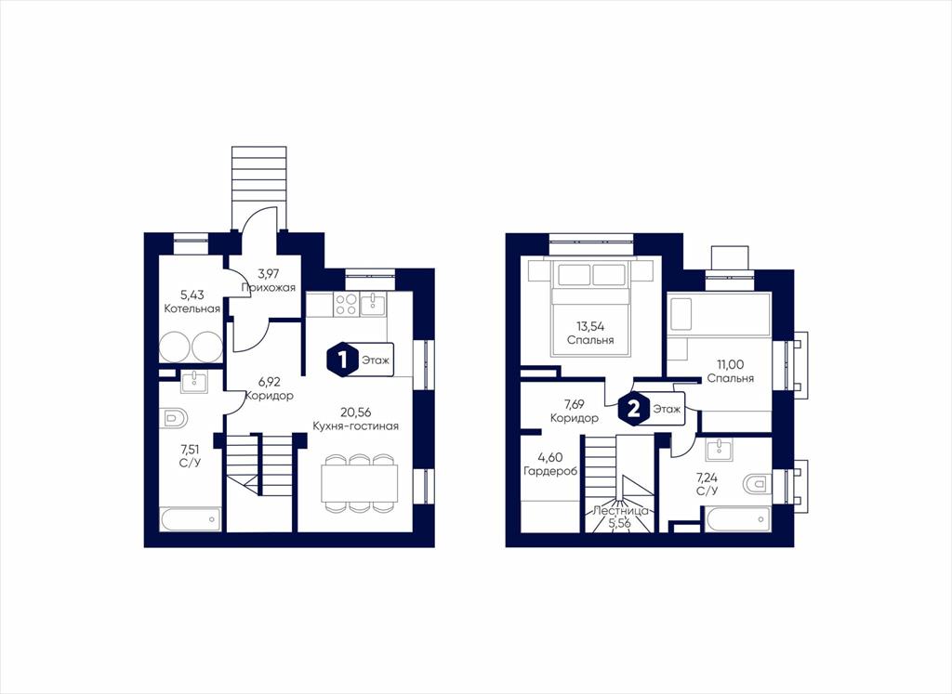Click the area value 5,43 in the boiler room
pyautogui.click(x=192, y=295)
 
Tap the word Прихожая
pyautogui.click(x=269, y=288)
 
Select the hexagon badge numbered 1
pyautogui.click(x=342, y=360)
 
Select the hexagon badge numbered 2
pyautogui.click(x=633, y=408)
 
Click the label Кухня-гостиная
pyautogui.click(x=356, y=426)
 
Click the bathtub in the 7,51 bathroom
pyautogui.click(x=191, y=520)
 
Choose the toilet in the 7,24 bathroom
pyautogui.click(x=757, y=485)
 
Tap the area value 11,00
pyautogui.click(x=731, y=364)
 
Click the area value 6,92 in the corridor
pyautogui.click(x=271, y=382)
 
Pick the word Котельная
pyautogui.click(x=192, y=308)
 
